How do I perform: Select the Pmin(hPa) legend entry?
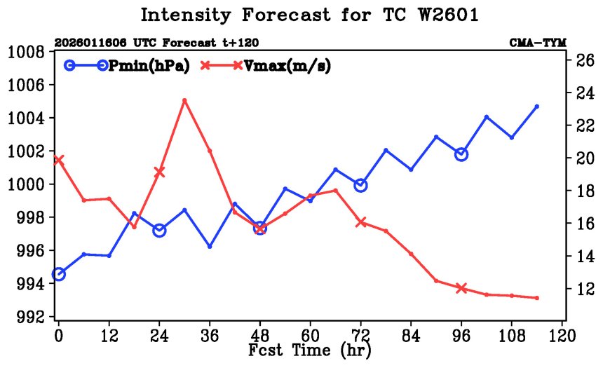click(x=126, y=66)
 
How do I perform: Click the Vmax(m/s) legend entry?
click(x=266, y=66)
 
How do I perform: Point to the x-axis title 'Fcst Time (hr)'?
click(x=309, y=348)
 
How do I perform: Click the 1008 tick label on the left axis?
click(x=27, y=52)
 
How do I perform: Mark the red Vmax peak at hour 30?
click(x=184, y=100)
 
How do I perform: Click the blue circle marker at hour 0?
click(x=59, y=274)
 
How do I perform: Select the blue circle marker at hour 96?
click(x=461, y=154)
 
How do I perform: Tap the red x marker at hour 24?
click(x=159, y=172)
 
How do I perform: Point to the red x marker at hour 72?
click(x=360, y=222)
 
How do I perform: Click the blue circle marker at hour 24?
click(x=159, y=230)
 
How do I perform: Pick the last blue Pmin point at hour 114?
click(x=536, y=107)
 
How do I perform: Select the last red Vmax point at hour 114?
click(x=536, y=298)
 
